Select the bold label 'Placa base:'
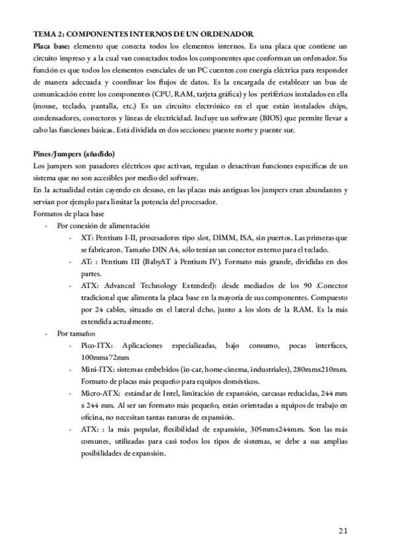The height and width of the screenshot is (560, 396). click(x=52, y=48)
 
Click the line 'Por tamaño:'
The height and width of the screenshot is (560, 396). click(x=77, y=333)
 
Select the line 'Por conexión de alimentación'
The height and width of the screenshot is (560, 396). click(x=104, y=225)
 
